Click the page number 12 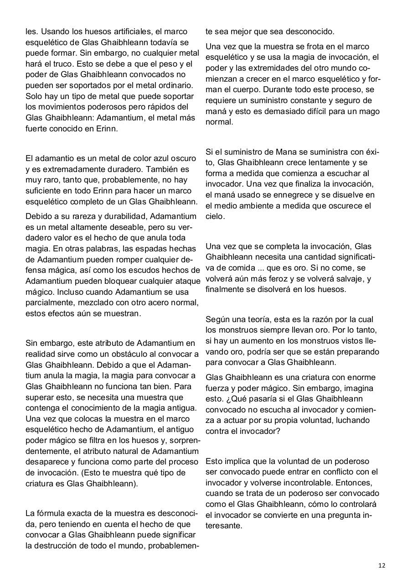point(382,565)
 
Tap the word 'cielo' point(215,217)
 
